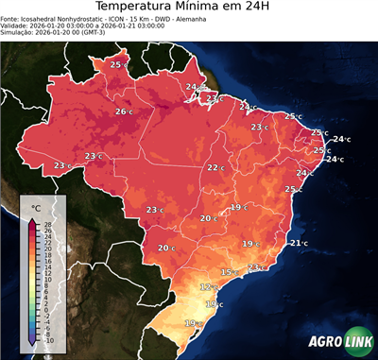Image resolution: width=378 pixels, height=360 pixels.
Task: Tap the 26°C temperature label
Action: coord(123,111)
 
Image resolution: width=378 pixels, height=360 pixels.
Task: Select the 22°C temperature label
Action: coord(215,167)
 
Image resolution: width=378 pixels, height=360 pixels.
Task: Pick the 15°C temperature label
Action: coord(229,272)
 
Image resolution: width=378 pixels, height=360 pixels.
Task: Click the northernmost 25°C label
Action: coord(118,64)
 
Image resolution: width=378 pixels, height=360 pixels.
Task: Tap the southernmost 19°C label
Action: coord(193,324)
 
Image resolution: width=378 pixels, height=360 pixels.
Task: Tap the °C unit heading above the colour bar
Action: coord(35,208)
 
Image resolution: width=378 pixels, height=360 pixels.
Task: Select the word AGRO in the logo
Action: coord(323,342)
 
